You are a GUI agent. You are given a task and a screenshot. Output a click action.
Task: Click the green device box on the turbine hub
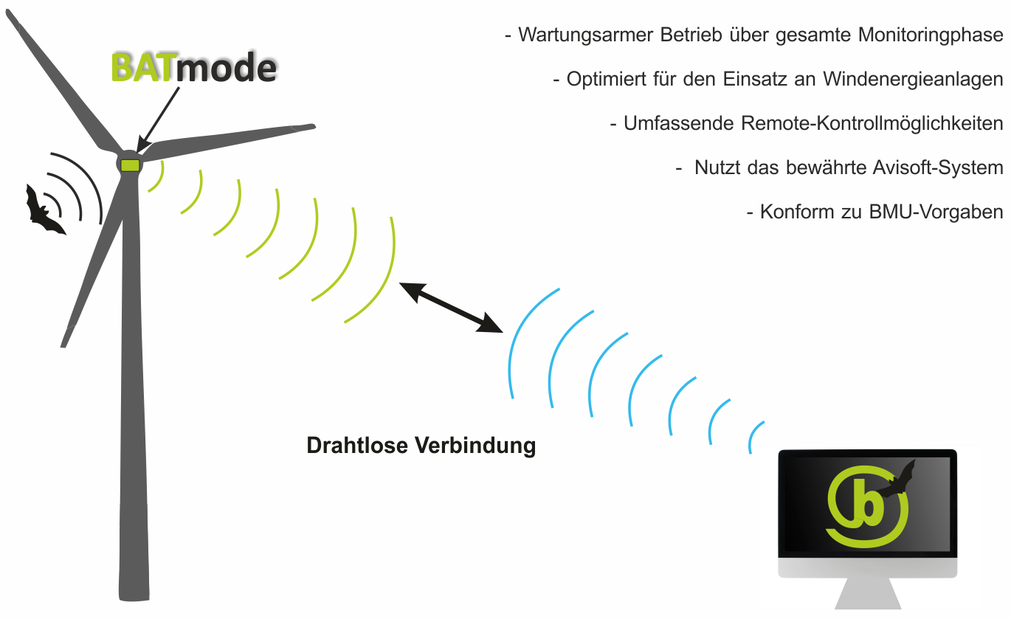click(131, 165)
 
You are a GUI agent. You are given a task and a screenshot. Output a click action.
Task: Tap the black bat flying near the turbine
click(44, 211)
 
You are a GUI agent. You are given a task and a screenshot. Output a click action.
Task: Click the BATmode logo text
click(193, 68)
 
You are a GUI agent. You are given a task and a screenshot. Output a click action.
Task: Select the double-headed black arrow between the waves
click(451, 308)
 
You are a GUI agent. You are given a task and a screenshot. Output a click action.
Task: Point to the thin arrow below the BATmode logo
click(157, 120)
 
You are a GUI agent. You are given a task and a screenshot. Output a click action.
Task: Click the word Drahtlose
click(357, 446)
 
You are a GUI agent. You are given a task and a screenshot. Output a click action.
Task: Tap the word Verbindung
click(475, 446)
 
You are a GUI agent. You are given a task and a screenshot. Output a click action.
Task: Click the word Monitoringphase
click(931, 35)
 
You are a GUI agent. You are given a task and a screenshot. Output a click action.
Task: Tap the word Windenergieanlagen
click(913, 80)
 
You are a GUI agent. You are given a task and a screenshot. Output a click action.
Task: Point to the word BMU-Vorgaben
click(936, 212)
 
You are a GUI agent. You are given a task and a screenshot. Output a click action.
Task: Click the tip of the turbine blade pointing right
click(314, 126)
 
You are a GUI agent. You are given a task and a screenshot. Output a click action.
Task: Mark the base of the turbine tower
click(134, 598)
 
